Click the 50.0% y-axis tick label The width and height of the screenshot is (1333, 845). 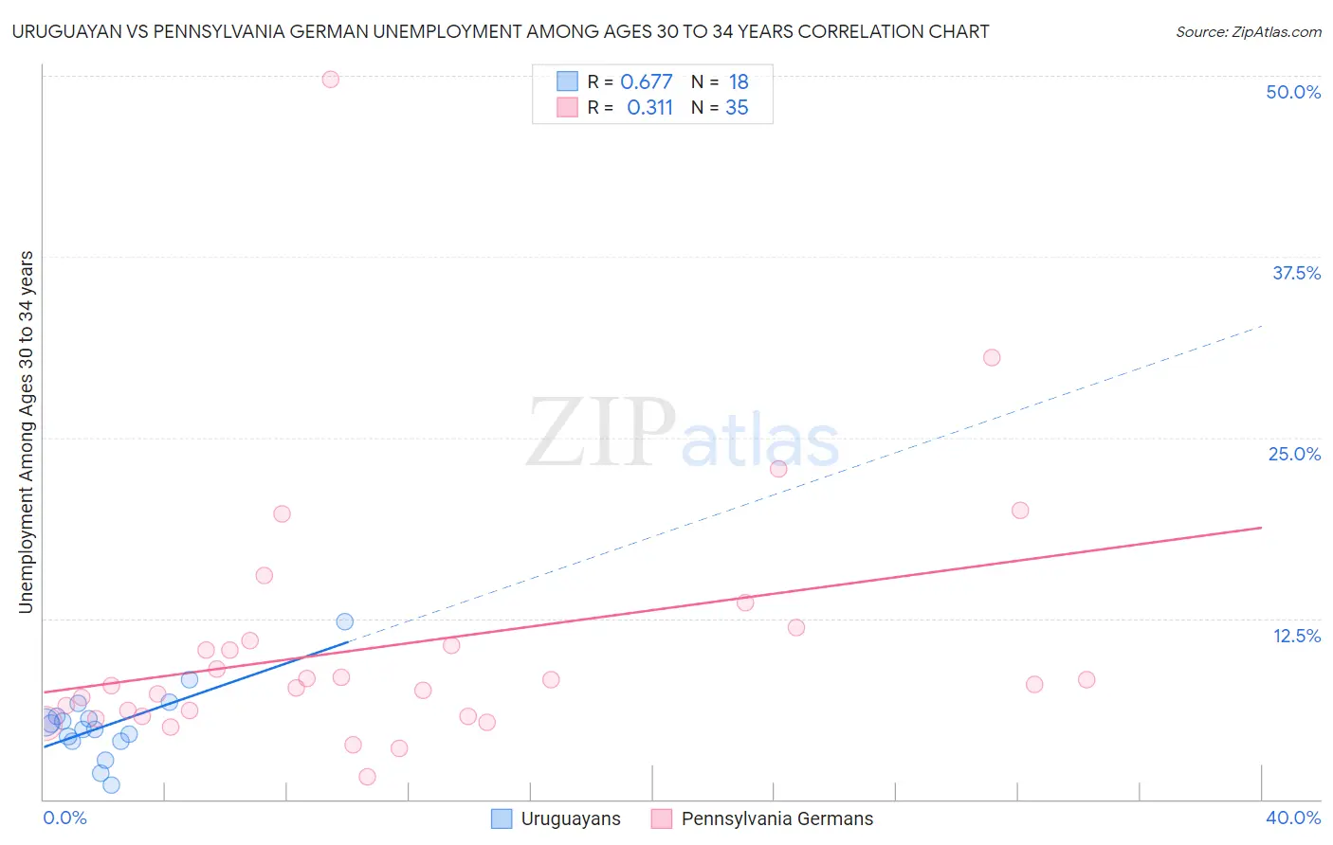[x=1293, y=92]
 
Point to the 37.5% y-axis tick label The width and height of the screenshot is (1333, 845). [x=1296, y=273]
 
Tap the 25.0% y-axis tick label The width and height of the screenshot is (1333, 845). [x=1294, y=454]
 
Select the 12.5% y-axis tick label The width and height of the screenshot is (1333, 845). [x=1296, y=636]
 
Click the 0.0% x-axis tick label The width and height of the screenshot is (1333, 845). [x=64, y=818]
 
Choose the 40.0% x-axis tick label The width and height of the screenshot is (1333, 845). [x=1292, y=818]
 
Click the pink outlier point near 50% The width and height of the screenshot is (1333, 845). [x=330, y=80]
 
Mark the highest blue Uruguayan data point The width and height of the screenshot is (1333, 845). [x=344, y=621]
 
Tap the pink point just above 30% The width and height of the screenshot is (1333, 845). [x=992, y=357]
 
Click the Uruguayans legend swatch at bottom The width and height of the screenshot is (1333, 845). [x=502, y=818]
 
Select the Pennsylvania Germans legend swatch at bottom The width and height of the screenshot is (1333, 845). [x=662, y=818]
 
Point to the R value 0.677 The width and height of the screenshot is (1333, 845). [x=646, y=81]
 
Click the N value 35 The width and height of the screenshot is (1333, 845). [x=737, y=108]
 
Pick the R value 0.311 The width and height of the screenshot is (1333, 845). [x=649, y=108]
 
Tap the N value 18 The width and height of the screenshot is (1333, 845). [x=738, y=81]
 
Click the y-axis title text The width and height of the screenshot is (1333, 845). [x=26, y=432]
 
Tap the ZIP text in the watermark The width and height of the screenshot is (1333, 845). [x=601, y=433]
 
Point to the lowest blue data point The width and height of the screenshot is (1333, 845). [x=111, y=784]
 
